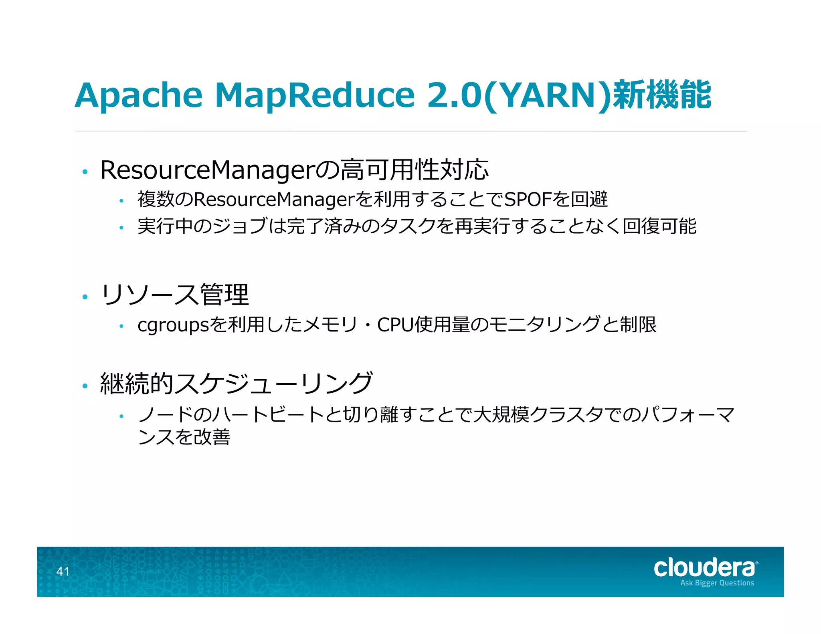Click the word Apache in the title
(x=139, y=95)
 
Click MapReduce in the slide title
(x=315, y=95)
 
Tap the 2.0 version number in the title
(x=454, y=95)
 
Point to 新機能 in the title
(x=662, y=95)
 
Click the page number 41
(x=63, y=571)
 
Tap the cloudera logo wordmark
(x=704, y=568)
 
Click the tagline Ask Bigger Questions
(x=717, y=583)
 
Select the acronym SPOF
(x=527, y=199)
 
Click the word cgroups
(x=173, y=325)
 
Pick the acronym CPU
(x=395, y=325)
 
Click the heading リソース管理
(x=175, y=295)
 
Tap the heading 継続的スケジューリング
(x=237, y=384)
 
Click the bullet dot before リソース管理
(x=85, y=297)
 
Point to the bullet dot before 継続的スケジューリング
(x=85, y=386)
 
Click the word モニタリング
(x=544, y=325)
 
